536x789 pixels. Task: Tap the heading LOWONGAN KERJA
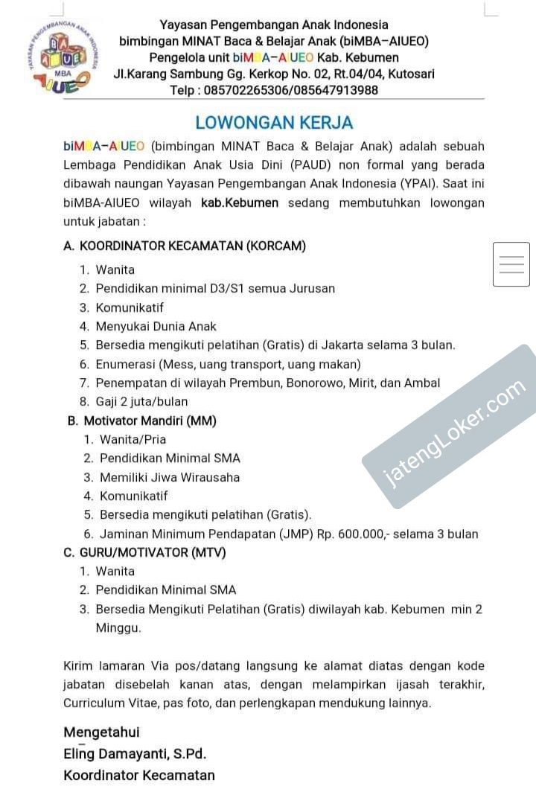pyautogui.click(x=274, y=123)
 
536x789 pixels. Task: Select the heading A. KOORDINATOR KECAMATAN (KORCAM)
pyautogui.click(x=185, y=246)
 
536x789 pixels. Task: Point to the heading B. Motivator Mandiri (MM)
pyautogui.click(x=142, y=421)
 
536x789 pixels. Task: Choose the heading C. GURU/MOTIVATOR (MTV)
pyautogui.click(x=145, y=552)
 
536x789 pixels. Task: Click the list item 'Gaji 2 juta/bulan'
pyautogui.click(x=142, y=402)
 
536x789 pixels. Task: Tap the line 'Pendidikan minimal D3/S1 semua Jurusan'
pyautogui.click(x=215, y=288)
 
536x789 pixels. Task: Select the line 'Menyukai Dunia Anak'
pyautogui.click(x=156, y=326)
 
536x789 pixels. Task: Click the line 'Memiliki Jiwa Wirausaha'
pyautogui.click(x=170, y=477)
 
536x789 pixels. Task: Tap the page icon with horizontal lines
pyautogui.click(x=511, y=264)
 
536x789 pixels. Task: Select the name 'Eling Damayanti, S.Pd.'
pyautogui.click(x=135, y=754)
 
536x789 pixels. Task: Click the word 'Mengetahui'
pyautogui.click(x=101, y=732)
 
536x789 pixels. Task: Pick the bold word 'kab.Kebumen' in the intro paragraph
pyautogui.click(x=240, y=202)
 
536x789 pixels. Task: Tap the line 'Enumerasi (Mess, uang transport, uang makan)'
pyautogui.click(x=228, y=364)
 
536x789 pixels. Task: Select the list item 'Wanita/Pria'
pyautogui.click(x=133, y=439)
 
